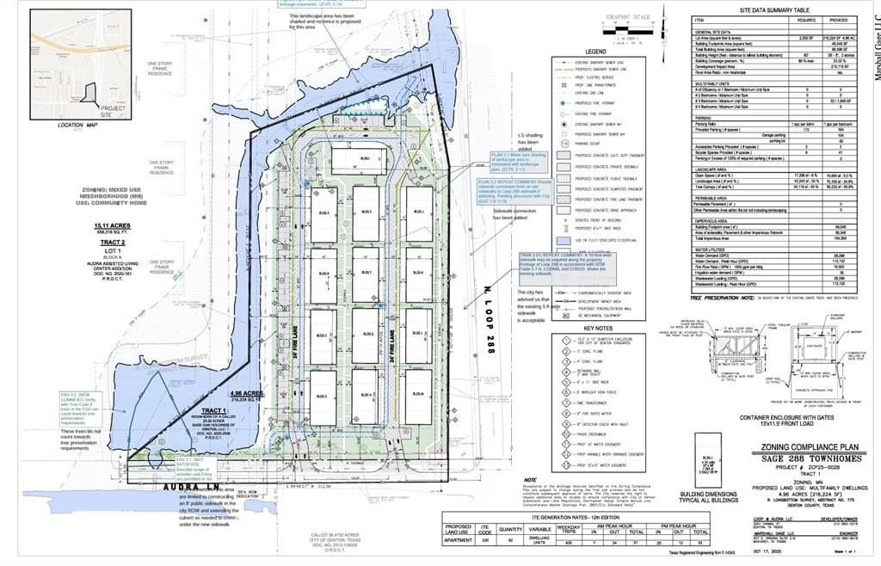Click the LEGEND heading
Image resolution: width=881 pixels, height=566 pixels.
point(597,52)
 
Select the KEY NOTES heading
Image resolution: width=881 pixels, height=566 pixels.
point(598,328)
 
